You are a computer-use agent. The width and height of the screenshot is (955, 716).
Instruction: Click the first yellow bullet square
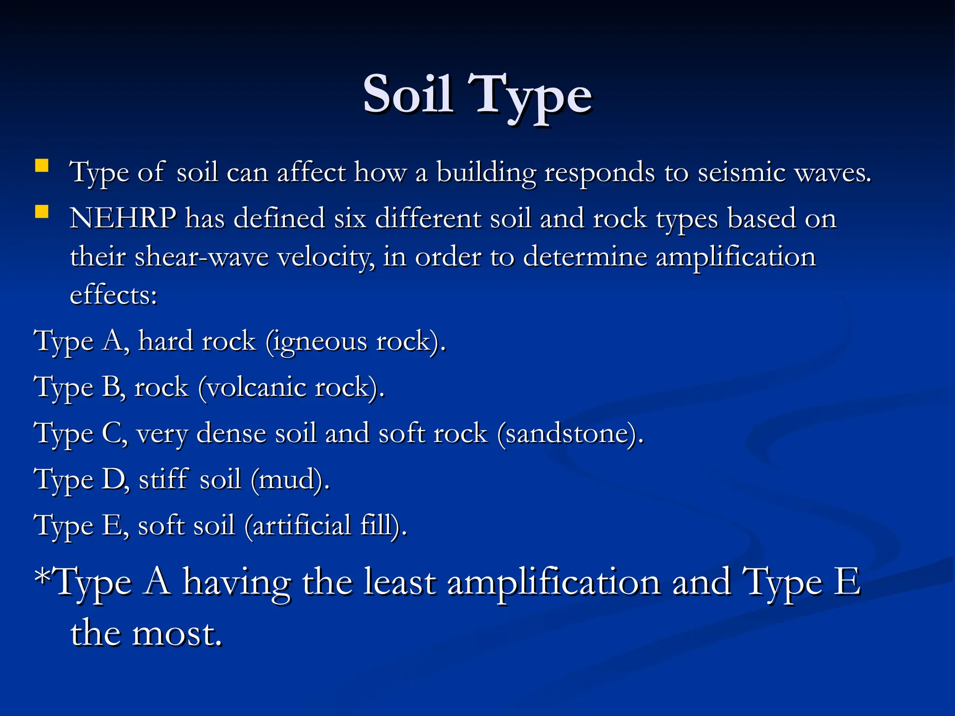click(x=42, y=166)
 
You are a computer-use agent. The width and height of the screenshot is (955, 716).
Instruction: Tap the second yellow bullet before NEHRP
click(x=42, y=212)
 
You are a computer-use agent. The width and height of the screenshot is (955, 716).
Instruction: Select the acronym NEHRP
click(x=123, y=218)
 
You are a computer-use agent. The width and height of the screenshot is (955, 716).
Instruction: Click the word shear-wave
click(x=201, y=257)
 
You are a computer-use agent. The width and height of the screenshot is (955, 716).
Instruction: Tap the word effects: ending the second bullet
click(x=113, y=295)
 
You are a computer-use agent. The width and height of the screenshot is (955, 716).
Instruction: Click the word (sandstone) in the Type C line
click(x=570, y=434)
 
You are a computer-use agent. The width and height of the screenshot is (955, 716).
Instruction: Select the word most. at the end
click(x=177, y=633)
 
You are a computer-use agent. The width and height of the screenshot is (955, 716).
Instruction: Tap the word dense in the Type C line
click(x=231, y=434)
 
